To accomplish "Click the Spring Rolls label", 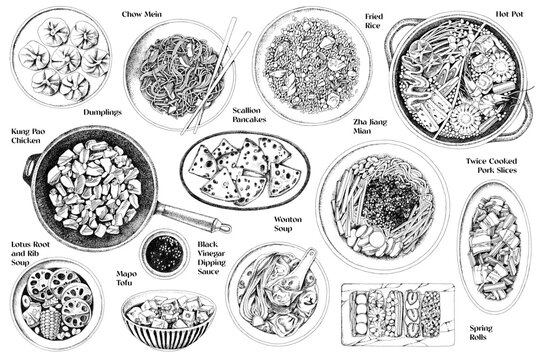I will (x=493, y=333).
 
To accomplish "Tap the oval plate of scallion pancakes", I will (x=244, y=170).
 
